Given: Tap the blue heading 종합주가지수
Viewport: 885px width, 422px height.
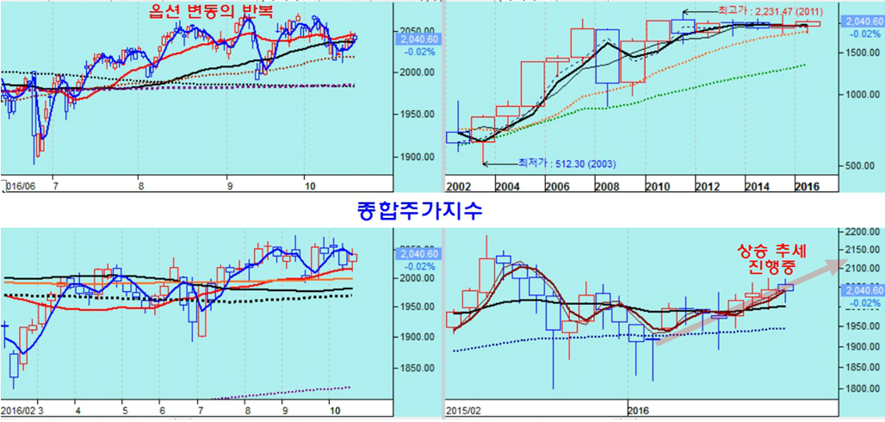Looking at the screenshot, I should [418, 210].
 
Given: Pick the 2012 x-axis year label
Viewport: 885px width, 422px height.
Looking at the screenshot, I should [708, 187].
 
